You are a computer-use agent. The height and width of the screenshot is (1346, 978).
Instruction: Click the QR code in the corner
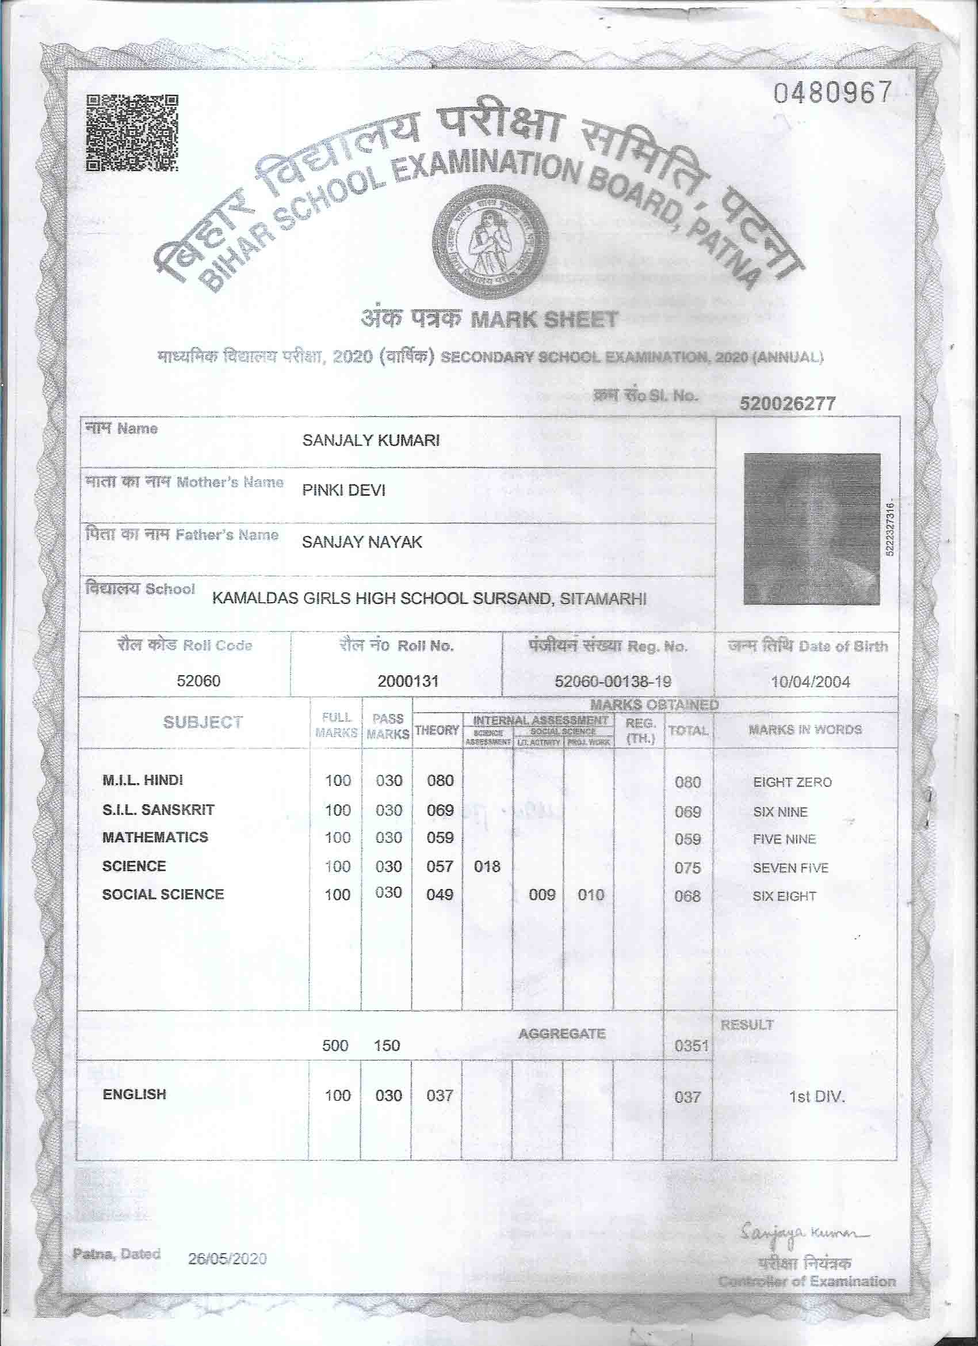pos(132,133)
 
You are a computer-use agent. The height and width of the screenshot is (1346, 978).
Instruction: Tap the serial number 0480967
pos(832,93)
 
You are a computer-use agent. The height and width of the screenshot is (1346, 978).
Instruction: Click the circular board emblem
pos(490,239)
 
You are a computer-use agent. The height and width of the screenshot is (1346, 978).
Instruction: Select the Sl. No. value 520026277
pos(787,404)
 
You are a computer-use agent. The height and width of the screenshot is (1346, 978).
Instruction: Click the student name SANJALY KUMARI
pos(370,440)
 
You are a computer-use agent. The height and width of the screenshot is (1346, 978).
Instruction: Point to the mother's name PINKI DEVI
pos(343,490)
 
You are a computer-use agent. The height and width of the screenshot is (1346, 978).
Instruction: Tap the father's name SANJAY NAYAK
pos(362,542)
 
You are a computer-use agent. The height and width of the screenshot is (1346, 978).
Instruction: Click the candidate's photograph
pos(811,528)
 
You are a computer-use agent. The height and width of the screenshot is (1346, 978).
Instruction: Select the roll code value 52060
pos(198,680)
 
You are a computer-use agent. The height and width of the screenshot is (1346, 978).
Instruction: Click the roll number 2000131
pos(407,681)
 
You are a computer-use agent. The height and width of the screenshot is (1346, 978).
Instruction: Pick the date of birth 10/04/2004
pos(810,682)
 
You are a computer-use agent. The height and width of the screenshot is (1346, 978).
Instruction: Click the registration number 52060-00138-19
pos(613,681)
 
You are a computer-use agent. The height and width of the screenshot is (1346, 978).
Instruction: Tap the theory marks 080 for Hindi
pos(440,781)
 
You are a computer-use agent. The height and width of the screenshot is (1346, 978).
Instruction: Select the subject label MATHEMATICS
pos(155,838)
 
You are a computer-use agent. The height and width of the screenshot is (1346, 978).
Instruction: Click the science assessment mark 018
pos(487,866)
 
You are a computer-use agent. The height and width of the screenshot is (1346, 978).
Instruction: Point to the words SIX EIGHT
pos(784,896)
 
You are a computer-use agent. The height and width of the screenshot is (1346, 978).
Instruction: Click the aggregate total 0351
pos(692,1045)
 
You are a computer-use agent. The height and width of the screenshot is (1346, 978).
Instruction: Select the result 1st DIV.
pos(816,1097)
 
